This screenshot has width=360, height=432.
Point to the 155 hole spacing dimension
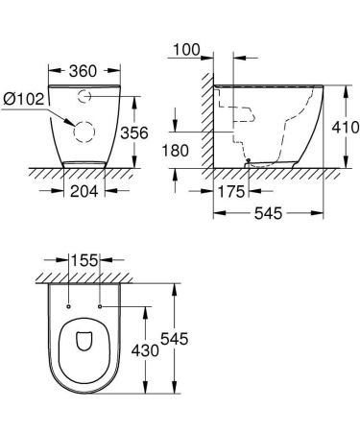(x=85, y=258)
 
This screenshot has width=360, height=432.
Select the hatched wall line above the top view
(x=85, y=276)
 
